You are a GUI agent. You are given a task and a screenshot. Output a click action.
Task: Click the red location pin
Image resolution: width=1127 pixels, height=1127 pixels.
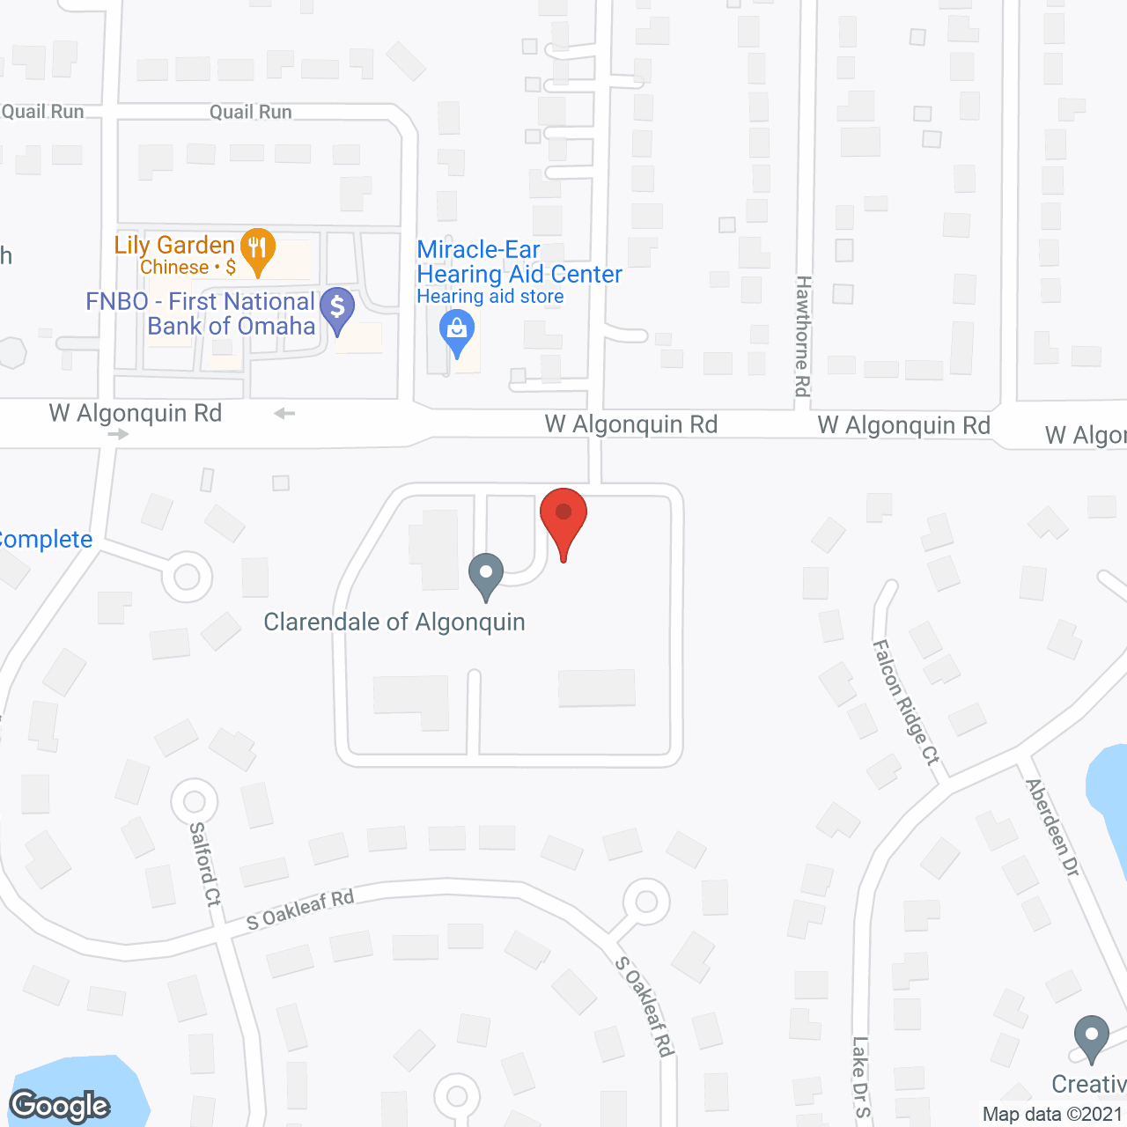[563, 519]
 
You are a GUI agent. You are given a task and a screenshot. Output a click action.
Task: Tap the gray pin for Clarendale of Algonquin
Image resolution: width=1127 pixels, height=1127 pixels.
[485, 574]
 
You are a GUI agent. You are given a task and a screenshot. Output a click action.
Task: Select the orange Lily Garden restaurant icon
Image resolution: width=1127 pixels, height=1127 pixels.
[257, 248]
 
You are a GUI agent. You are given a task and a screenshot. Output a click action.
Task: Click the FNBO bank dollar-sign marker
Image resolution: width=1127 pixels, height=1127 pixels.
[337, 308]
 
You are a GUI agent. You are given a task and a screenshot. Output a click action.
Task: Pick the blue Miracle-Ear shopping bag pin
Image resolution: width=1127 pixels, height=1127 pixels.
[456, 333]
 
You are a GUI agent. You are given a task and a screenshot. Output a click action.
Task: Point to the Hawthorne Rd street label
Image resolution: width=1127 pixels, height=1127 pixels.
[802, 335]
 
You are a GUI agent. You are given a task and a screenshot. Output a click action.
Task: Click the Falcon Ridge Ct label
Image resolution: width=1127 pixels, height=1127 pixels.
[906, 702]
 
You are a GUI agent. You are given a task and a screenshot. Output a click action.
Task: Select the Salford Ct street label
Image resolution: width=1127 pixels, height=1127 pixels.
[206, 864]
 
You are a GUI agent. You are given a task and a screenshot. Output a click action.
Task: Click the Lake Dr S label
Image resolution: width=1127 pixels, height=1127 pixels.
[860, 1076]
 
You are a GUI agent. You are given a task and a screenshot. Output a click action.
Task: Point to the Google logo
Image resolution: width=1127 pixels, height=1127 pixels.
[60, 1106]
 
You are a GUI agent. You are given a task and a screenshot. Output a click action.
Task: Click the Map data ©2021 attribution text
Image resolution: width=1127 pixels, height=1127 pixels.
[1052, 1114]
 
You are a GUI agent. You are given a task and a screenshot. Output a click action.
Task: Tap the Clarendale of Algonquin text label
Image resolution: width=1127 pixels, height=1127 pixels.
[394, 622]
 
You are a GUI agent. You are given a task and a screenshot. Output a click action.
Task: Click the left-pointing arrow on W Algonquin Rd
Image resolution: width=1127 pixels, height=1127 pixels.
[284, 413]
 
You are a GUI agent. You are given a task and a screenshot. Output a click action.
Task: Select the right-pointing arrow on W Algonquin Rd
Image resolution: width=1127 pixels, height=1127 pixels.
[118, 434]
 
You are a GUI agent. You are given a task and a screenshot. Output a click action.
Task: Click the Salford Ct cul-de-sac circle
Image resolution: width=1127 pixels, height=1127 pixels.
[194, 802]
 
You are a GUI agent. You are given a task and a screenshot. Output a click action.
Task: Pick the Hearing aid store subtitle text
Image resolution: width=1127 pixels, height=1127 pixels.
[490, 297]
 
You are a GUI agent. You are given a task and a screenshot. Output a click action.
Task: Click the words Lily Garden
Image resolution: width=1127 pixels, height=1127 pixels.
[174, 245]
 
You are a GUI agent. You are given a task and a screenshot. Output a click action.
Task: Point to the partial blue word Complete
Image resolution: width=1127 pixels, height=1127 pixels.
[46, 539]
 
